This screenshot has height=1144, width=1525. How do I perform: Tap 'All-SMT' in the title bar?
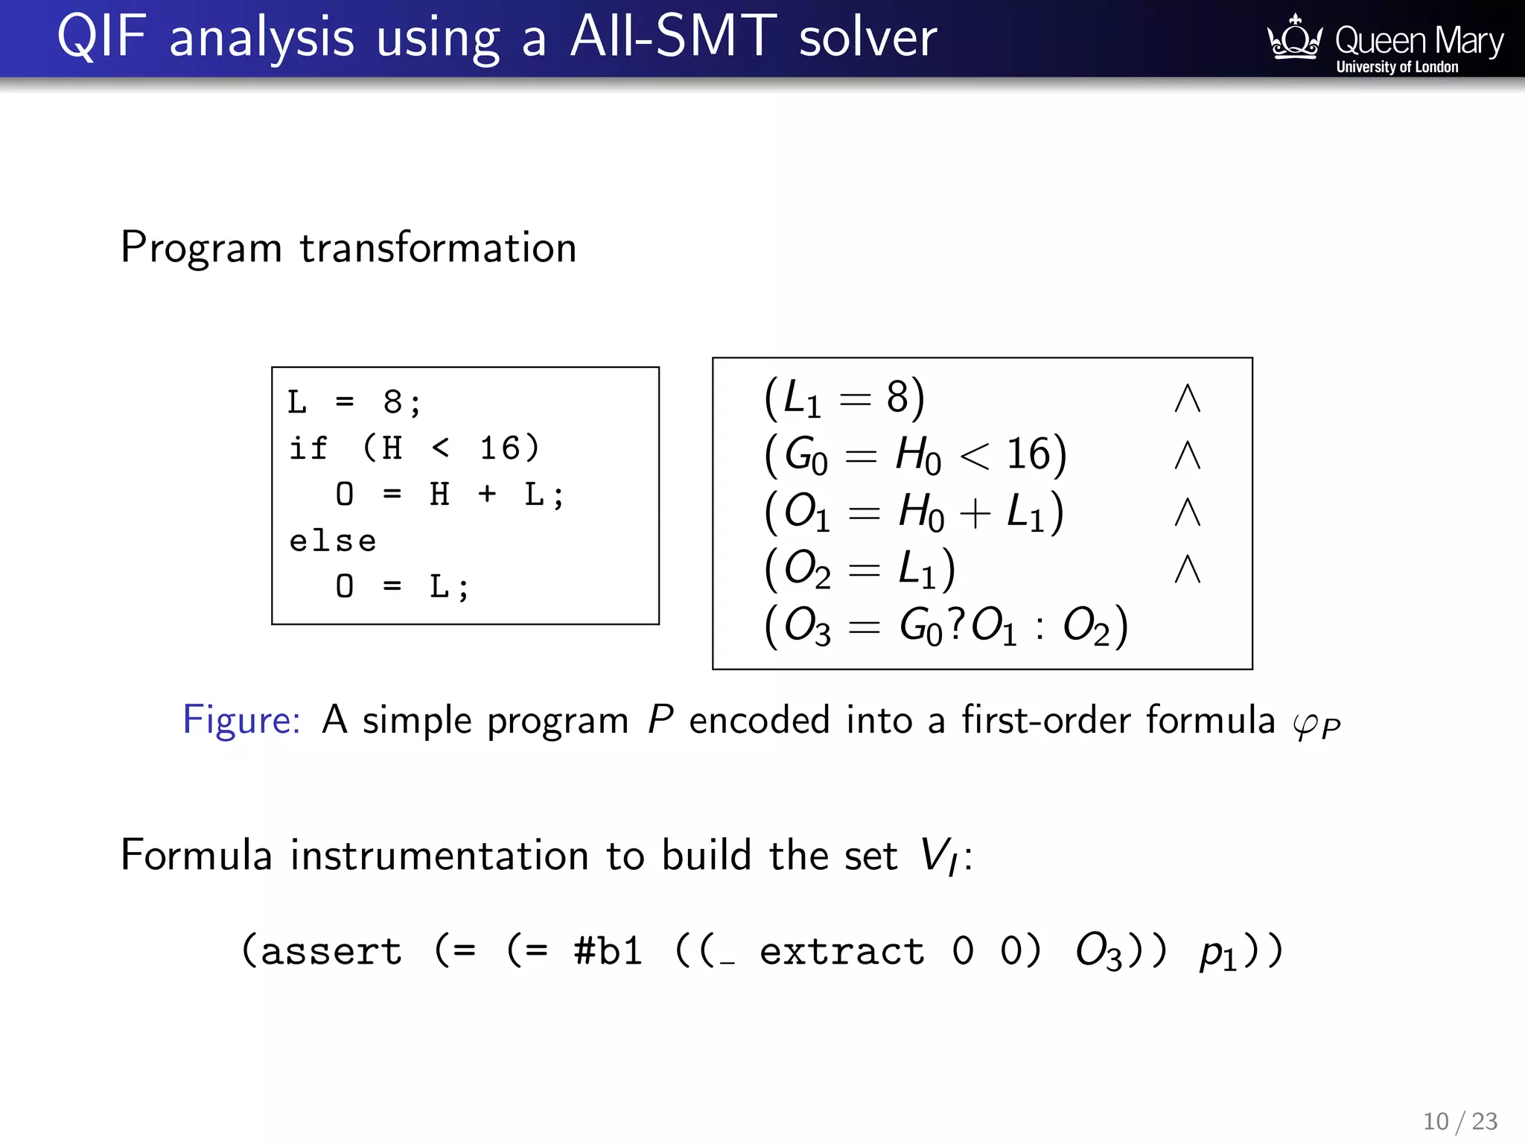pos(673,37)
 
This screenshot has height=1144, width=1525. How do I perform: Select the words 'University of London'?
pos(1397,67)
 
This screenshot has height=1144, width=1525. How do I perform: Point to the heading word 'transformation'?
pos(438,248)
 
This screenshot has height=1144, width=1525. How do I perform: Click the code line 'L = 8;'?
pos(354,403)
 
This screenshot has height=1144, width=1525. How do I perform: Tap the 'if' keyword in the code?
pos(308,448)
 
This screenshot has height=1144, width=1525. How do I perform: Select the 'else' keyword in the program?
pos(333,541)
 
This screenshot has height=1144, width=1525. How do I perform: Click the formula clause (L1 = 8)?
pos(844,398)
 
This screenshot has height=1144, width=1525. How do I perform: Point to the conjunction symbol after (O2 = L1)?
pos(1187,570)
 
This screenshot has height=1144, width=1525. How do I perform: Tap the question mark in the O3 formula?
pos(956,623)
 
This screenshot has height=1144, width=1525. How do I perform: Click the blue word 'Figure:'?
pos(241,720)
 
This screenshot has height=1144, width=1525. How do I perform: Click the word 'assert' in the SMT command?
pos(331,952)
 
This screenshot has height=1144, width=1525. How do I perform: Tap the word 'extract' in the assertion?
pos(842,952)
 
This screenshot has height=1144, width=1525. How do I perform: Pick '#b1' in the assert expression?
pos(608,952)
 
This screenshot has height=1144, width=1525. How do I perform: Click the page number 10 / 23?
pos(1460,1121)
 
